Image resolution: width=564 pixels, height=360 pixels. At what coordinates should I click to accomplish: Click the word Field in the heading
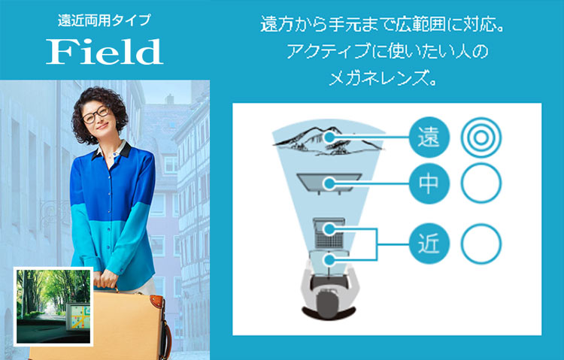coord(105,51)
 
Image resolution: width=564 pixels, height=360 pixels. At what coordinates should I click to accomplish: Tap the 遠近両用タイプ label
coord(105,20)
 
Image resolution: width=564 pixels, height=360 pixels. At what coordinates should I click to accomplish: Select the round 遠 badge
coord(429,138)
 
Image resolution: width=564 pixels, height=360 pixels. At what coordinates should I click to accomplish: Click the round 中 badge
coord(429,183)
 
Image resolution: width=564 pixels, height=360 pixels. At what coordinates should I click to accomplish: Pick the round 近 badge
coord(429,244)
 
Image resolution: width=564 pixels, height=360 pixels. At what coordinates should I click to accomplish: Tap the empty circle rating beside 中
coord(481,163)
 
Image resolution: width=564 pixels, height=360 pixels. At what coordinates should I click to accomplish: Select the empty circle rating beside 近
coord(481,224)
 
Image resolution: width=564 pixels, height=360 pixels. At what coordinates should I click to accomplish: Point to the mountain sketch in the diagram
coord(327,141)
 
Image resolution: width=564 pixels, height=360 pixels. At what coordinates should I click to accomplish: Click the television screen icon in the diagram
coord(329,183)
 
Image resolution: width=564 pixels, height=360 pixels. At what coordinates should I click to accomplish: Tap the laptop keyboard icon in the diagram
coord(329,233)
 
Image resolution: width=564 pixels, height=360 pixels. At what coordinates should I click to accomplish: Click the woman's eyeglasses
coord(96,115)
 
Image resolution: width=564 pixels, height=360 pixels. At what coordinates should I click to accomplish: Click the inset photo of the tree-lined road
coord(53,307)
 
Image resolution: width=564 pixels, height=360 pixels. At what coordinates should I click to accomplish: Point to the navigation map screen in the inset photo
coord(78,316)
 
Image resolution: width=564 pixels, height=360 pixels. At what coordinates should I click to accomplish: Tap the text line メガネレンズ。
coord(383,78)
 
